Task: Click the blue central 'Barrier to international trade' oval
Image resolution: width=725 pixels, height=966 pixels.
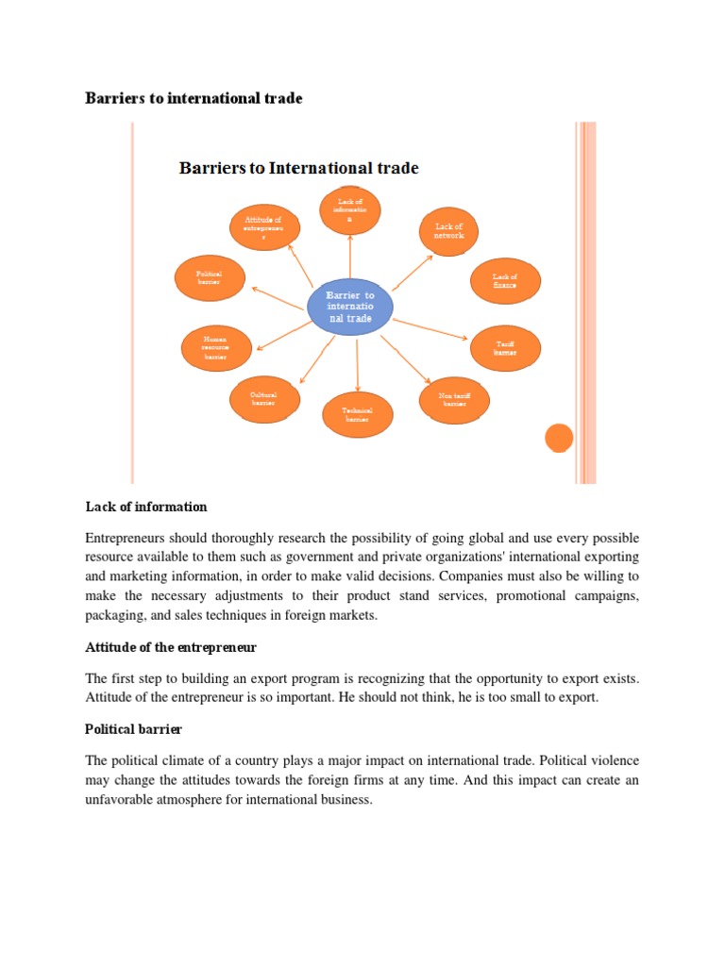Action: tap(349, 307)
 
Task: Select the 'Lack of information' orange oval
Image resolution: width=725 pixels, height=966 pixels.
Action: tap(349, 212)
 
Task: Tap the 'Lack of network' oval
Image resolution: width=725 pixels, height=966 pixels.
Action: tap(448, 231)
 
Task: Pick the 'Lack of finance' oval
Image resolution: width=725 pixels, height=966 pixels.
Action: tap(505, 280)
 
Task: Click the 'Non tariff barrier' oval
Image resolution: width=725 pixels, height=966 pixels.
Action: tap(455, 400)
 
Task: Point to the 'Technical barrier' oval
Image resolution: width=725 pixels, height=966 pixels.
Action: tap(357, 415)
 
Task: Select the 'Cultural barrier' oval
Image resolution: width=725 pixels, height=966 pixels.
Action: tap(263, 399)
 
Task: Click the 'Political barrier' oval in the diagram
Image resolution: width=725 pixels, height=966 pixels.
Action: tap(210, 277)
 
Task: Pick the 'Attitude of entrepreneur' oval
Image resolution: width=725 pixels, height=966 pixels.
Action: tap(264, 227)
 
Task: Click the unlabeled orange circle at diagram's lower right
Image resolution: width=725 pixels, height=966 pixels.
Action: tap(559, 438)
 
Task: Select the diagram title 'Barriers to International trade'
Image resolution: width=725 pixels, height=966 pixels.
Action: tap(299, 169)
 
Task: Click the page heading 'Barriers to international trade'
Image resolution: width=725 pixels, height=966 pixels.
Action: tap(194, 98)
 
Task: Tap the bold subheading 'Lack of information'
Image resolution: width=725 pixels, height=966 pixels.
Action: tap(145, 508)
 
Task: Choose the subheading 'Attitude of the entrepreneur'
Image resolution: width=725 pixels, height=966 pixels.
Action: tap(171, 649)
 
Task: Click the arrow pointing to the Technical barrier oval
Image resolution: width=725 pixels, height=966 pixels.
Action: tap(357, 365)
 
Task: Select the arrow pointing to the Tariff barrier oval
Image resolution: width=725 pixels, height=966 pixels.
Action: tap(430, 329)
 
